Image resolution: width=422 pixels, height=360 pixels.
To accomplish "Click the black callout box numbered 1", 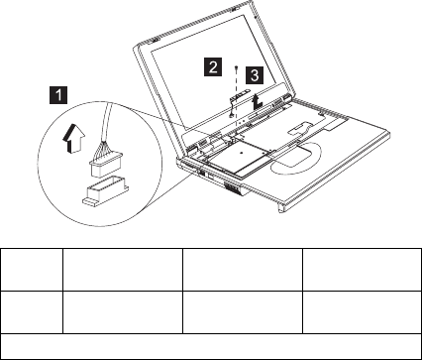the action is point(58,95).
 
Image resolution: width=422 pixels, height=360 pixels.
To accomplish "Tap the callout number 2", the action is point(213,67).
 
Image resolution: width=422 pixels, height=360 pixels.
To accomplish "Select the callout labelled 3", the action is point(255,75).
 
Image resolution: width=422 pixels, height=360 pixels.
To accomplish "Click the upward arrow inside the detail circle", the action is point(73,138).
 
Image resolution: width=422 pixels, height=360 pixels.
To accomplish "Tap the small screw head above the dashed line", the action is point(237,67).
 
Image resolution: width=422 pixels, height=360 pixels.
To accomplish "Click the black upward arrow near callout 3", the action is point(257,101).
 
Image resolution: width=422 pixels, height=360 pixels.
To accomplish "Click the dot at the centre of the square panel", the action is point(242,153).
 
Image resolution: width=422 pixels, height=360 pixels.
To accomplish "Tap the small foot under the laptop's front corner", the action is point(281,208).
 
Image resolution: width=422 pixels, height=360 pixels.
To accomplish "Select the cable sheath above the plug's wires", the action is point(107,122).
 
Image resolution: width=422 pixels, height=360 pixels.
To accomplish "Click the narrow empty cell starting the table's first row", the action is point(32,270).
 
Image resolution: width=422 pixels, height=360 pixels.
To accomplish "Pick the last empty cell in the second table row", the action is point(362,312).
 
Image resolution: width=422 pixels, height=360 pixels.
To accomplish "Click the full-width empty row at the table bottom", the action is point(211,346).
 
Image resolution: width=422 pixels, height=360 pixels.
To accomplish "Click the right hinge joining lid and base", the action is point(285,98).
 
